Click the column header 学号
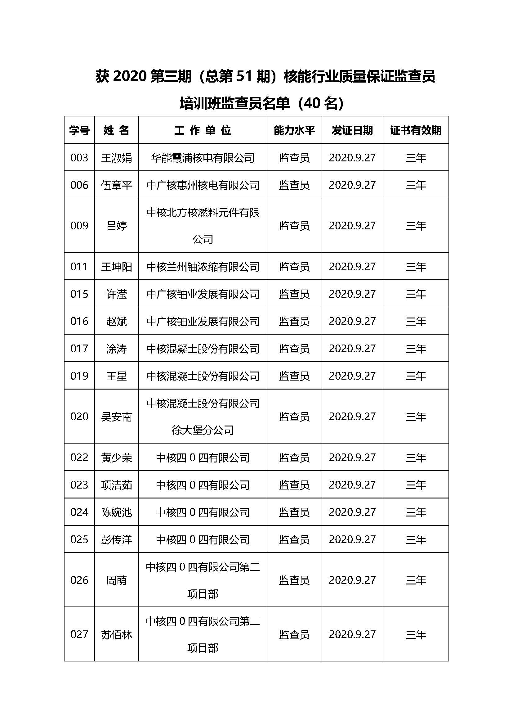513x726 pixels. (x=79, y=130)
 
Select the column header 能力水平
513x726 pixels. (x=294, y=130)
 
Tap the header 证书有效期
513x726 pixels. (x=415, y=130)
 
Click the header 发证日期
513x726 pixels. (x=352, y=130)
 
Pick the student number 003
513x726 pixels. (x=79, y=157)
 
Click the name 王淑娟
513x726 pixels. (x=117, y=158)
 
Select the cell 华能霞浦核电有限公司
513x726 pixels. (x=203, y=158)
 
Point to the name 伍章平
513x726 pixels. (x=117, y=185)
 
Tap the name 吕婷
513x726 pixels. (x=117, y=226)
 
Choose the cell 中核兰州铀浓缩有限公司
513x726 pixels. (x=203, y=267)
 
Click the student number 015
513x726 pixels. (x=79, y=294)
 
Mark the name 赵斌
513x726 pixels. (x=117, y=321)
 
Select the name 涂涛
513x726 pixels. (x=117, y=349)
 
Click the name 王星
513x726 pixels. (x=117, y=376)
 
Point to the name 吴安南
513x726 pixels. (x=117, y=417)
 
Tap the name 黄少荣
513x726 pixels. (x=117, y=458)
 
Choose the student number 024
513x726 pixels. (x=79, y=512)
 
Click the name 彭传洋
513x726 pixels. (x=117, y=539)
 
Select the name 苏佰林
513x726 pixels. (x=117, y=635)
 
